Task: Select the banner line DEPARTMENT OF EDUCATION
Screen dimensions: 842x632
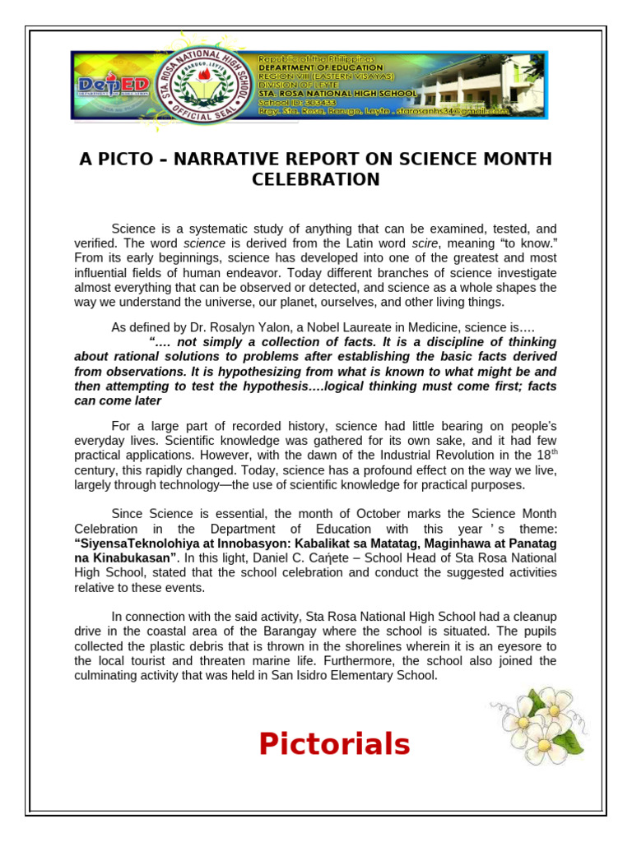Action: pos(320,67)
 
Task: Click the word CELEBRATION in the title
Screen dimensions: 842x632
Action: pos(315,179)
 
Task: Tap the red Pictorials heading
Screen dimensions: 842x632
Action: pos(334,744)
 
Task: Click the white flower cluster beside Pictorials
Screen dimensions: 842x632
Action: pos(538,724)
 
